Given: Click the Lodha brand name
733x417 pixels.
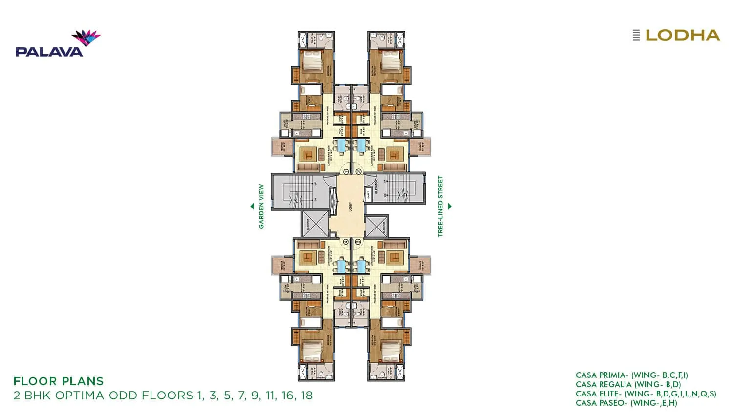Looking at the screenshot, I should [x=682, y=35].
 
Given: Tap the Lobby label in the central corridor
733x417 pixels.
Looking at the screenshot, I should [x=350, y=206].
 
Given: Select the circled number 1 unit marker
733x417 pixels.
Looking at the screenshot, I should [x=345, y=171].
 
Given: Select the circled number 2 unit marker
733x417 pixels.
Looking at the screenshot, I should [x=358, y=171].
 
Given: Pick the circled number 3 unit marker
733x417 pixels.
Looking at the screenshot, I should [x=358, y=241].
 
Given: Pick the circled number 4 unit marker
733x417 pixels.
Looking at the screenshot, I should [x=345, y=241].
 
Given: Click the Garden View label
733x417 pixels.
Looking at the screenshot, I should [x=261, y=206].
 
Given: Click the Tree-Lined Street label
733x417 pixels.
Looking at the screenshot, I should [x=440, y=206].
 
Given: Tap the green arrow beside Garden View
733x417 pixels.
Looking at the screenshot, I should [x=252, y=206].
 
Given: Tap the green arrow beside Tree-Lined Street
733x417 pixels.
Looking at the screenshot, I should [x=450, y=206].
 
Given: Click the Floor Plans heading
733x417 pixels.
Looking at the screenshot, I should [x=59, y=381].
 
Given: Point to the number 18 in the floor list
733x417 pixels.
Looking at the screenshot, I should [x=306, y=396].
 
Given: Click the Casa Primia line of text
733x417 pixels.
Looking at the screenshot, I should [x=631, y=375].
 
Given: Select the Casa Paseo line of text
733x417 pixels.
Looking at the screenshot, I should [x=626, y=403].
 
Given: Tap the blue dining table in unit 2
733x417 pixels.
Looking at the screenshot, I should [x=362, y=146].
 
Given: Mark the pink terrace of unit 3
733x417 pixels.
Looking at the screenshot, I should [x=421, y=265].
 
